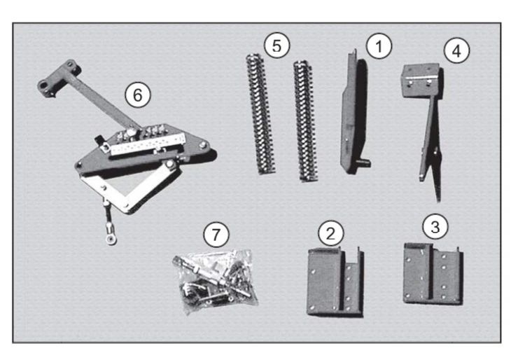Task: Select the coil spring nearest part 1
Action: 303,119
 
